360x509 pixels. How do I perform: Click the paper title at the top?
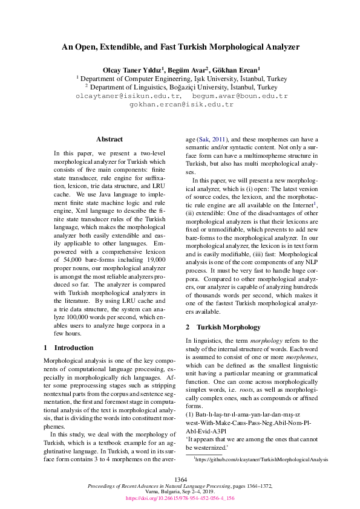(x=180, y=47)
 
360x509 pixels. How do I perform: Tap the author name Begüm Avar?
(x=188, y=70)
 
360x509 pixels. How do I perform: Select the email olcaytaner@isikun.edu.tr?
(x=128, y=96)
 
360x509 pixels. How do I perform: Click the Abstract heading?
(x=109, y=139)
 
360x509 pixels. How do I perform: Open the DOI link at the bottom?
(x=180, y=499)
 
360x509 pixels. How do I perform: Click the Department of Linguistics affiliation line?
(x=180, y=87)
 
